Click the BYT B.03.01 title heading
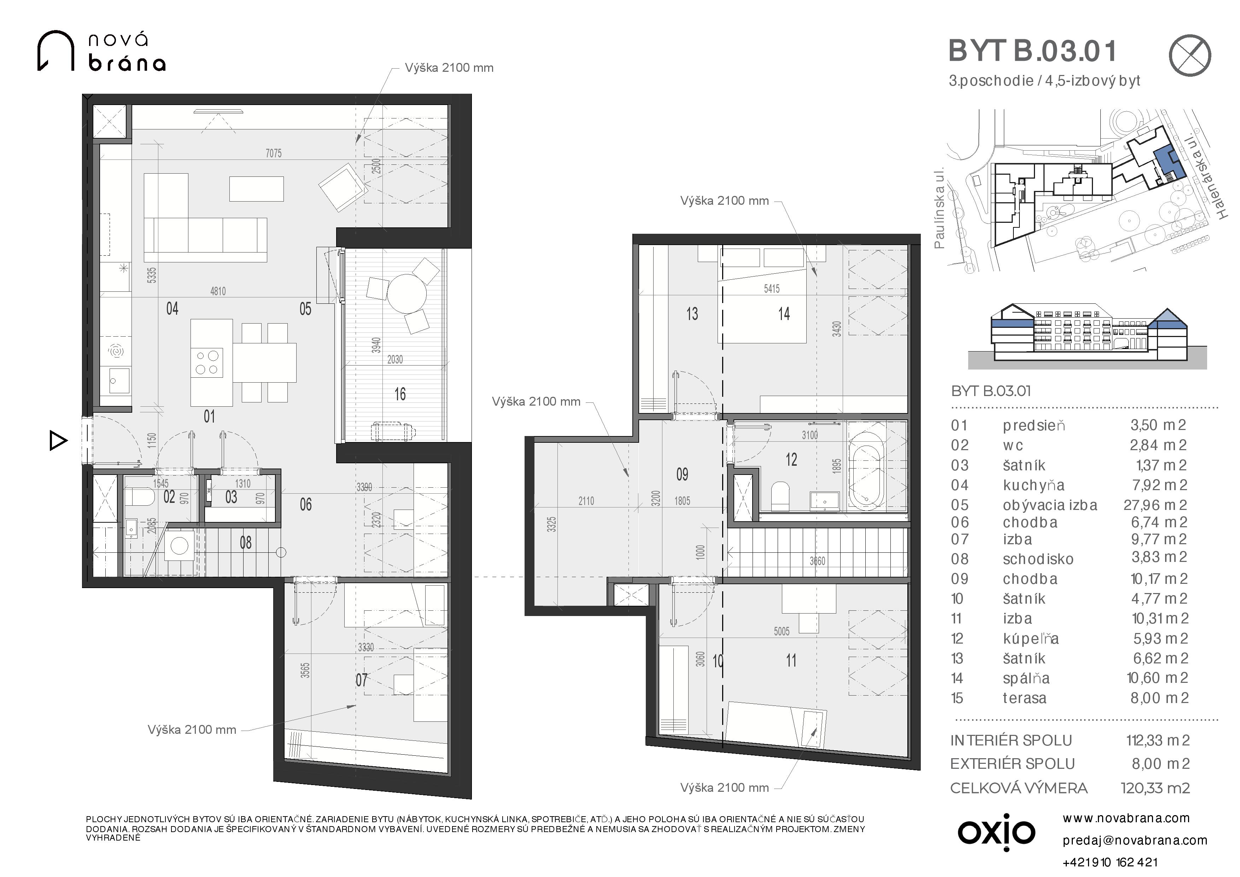click(x=1032, y=51)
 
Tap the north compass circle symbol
click(x=1190, y=56)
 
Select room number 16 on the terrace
click(x=400, y=394)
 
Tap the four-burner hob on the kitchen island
click(x=207, y=362)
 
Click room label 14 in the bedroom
click(x=784, y=313)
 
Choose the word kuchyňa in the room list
click(x=1033, y=485)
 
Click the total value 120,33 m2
click(x=1155, y=788)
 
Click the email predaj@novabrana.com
click(x=1135, y=840)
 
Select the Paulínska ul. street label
click(x=940, y=208)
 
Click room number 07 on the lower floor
click(x=361, y=680)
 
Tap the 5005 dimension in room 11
click(x=782, y=631)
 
